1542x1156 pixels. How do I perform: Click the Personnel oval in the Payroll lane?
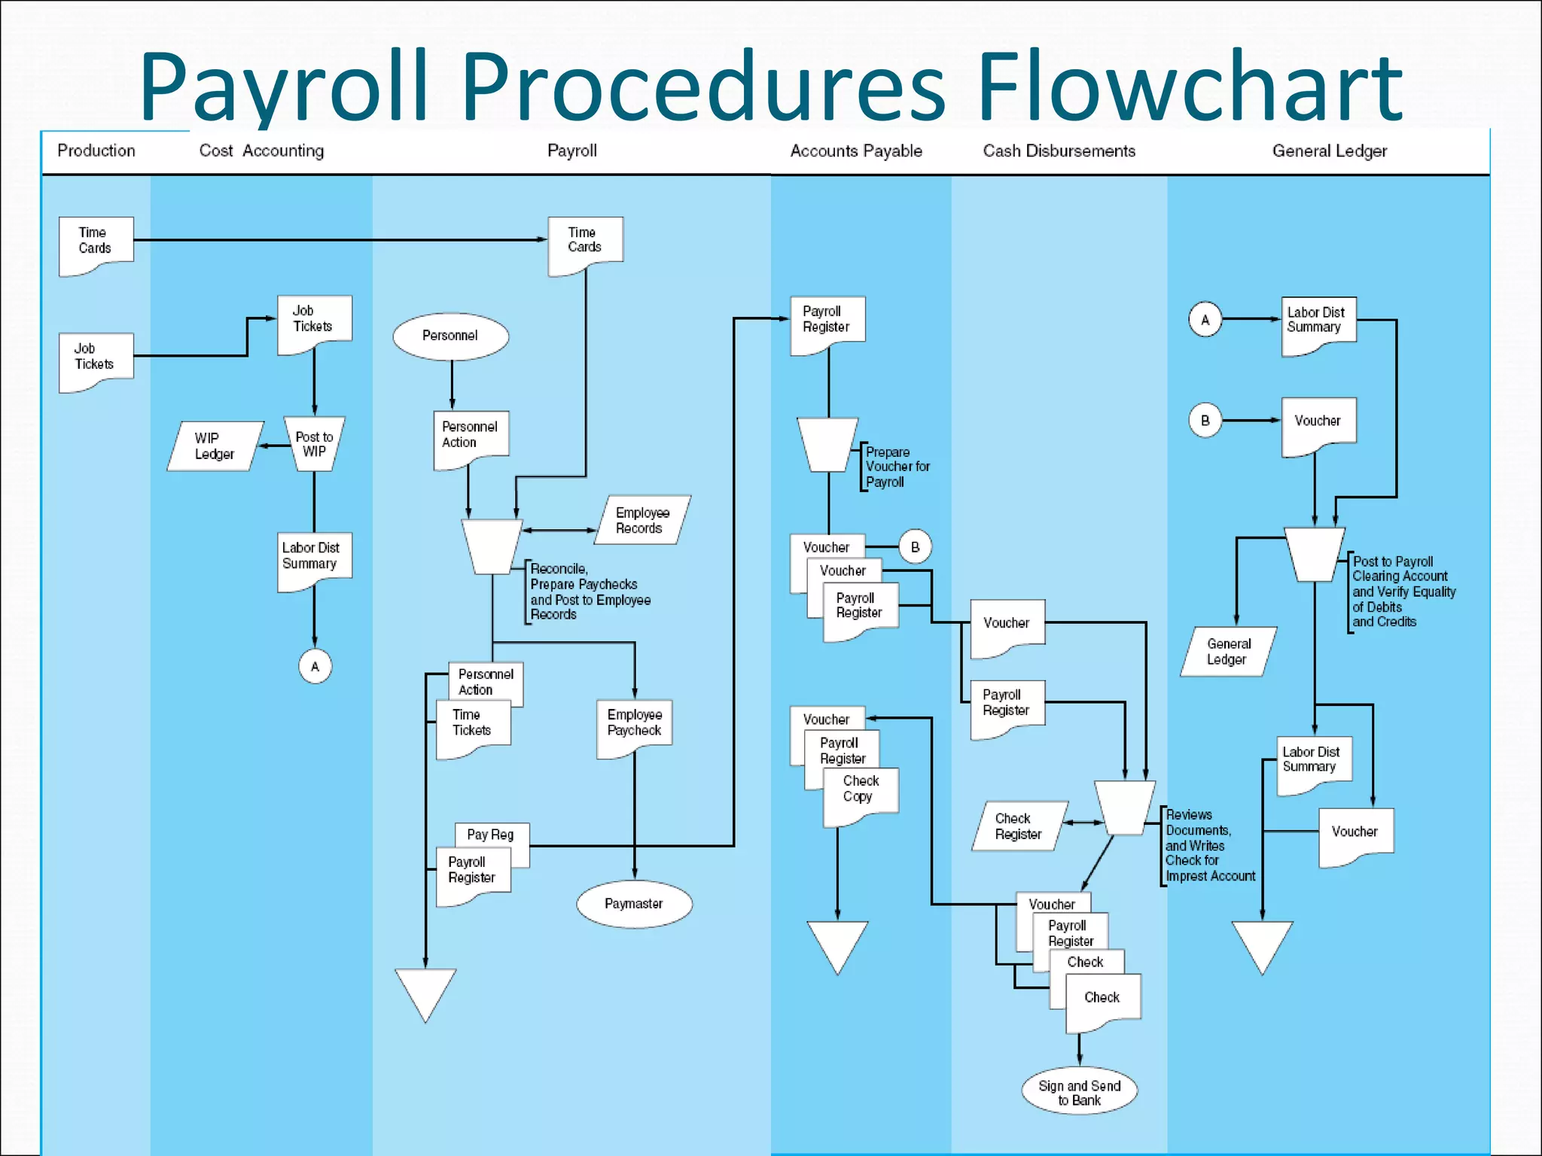click(450, 336)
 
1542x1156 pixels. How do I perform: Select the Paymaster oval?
click(634, 904)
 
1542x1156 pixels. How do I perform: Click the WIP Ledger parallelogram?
click(215, 446)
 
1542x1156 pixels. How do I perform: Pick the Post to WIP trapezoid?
click(314, 444)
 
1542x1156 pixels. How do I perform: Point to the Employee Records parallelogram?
click(641, 520)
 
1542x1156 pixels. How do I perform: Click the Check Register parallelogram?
click(1018, 826)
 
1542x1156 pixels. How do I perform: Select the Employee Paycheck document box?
click(634, 724)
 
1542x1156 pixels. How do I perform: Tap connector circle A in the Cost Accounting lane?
click(315, 666)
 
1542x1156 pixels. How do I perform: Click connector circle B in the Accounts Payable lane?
click(915, 547)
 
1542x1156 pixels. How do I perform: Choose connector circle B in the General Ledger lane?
click(1205, 421)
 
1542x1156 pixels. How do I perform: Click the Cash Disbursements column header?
click(1059, 151)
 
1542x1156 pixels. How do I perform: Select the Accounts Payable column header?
click(856, 151)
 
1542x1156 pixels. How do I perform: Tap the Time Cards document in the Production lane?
click(96, 242)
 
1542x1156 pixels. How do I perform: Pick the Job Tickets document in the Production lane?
click(96, 358)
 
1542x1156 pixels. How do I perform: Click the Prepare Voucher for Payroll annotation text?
click(897, 467)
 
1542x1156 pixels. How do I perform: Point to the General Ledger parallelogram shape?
click(1228, 652)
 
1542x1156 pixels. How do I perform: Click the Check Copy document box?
click(860, 792)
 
